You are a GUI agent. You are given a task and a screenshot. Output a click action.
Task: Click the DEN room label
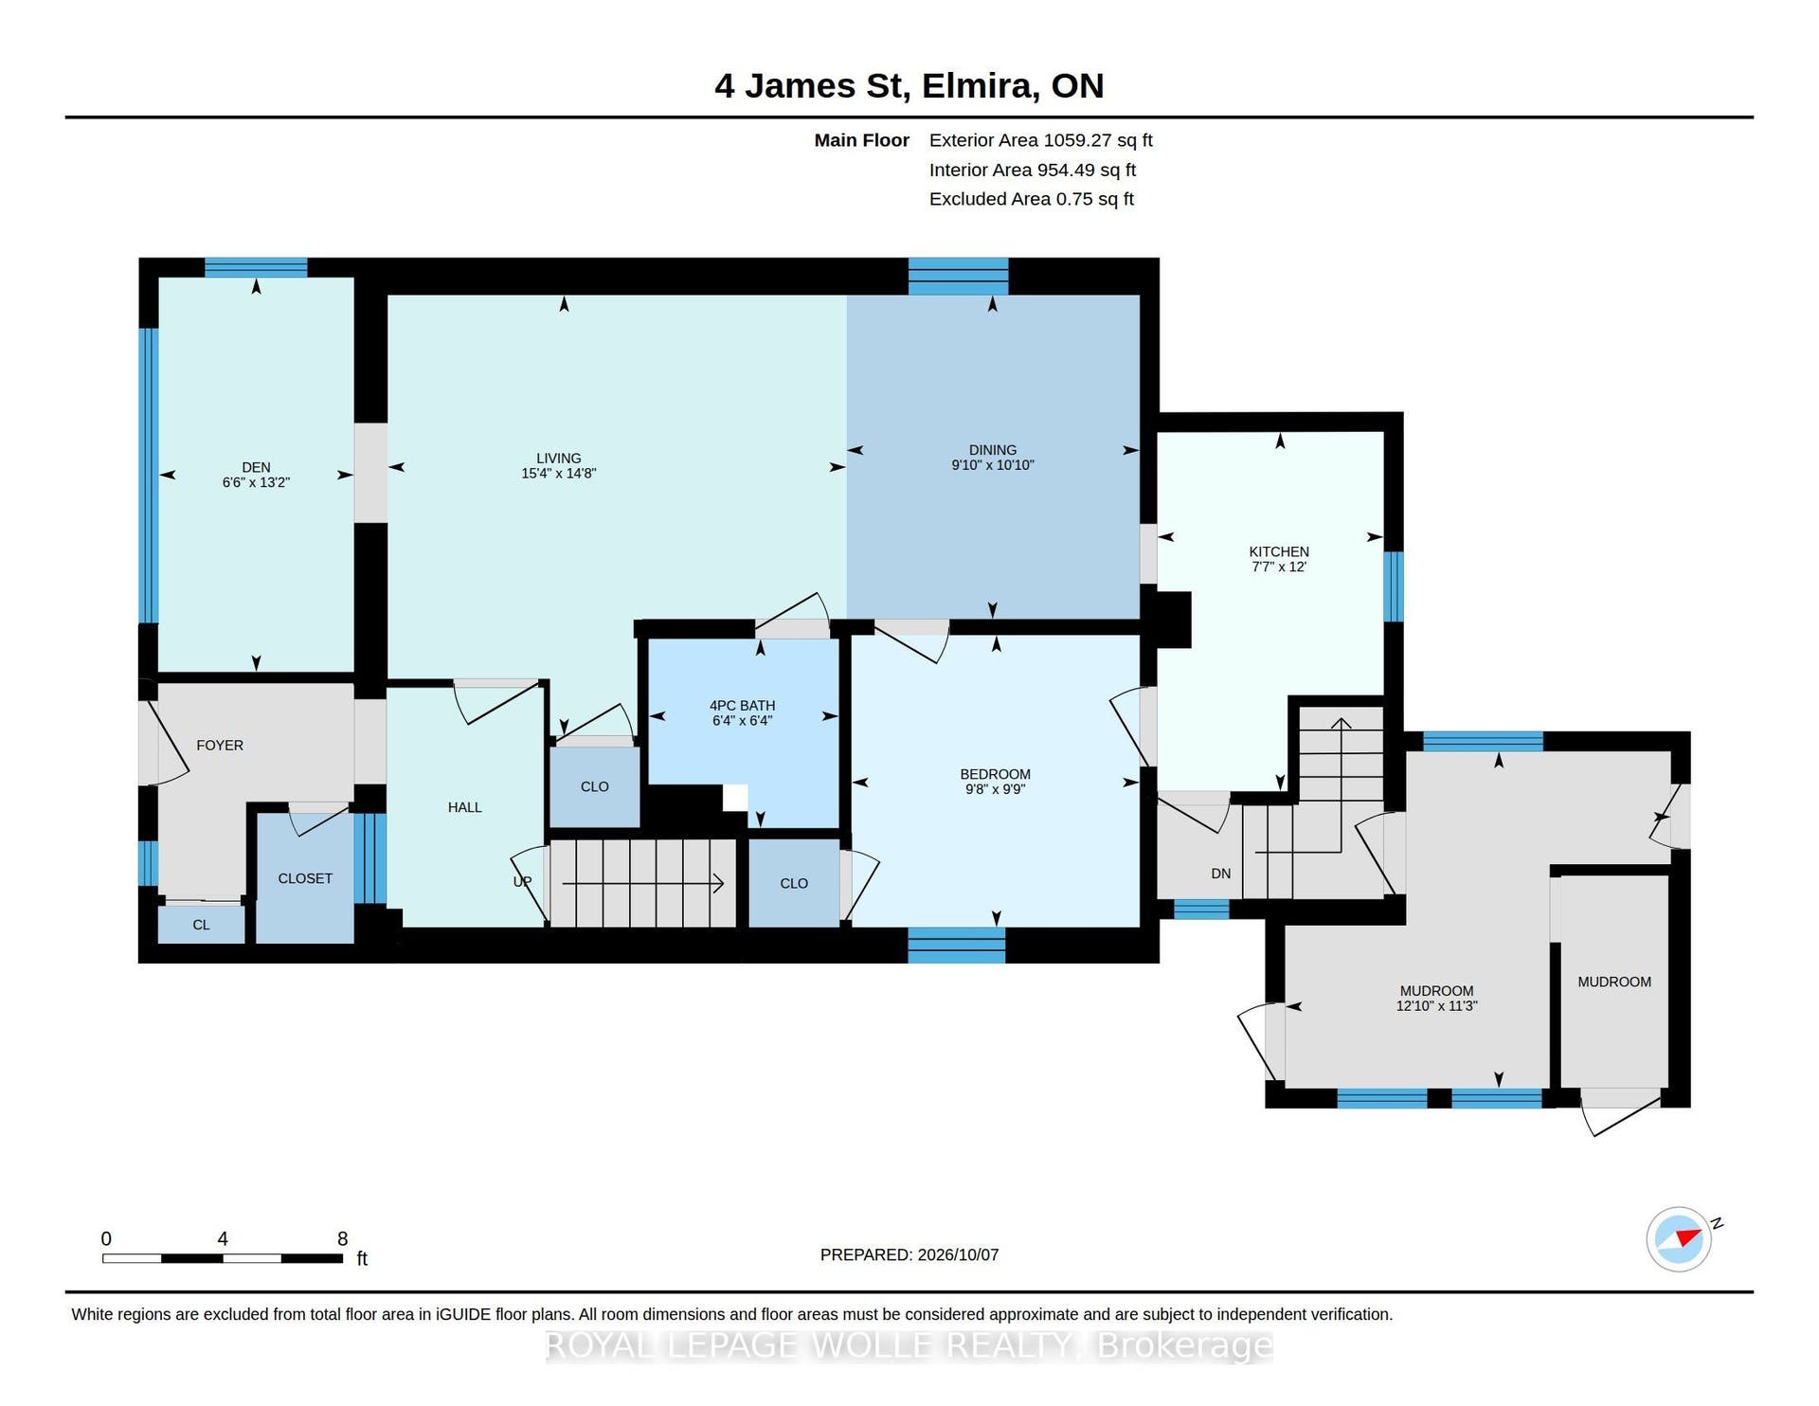[x=256, y=467]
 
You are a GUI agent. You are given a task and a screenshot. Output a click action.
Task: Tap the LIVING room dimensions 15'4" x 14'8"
[x=558, y=474]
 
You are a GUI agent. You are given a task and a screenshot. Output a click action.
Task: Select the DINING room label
[x=993, y=450]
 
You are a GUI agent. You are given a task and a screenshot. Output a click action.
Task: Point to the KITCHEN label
[x=1279, y=551]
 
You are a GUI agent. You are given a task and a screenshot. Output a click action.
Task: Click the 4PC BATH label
[x=743, y=705]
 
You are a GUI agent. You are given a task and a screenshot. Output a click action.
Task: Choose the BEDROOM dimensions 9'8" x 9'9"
[x=995, y=789]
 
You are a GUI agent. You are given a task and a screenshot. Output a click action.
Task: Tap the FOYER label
[x=220, y=746]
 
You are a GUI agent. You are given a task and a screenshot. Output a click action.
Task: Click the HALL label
[x=465, y=807]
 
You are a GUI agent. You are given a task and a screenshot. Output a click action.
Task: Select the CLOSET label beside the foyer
[x=305, y=878]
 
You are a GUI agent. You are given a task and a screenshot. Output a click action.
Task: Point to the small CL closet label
[x=202, y=925]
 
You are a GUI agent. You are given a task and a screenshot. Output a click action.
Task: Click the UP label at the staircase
[x=522, y=881]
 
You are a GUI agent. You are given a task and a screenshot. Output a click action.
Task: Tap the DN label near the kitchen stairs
[x=1221, y=874]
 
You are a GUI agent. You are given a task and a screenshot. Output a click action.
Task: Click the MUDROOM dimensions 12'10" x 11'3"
[x=1436, y=1006]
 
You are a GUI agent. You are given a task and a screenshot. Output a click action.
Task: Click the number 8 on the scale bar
[x=343, y=1239]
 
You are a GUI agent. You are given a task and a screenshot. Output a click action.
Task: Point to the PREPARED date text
[x=909, y=1254]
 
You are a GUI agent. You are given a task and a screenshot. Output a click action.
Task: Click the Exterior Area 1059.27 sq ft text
[x=1040, y=140]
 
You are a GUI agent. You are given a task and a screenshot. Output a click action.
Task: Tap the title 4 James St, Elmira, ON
[x=909, y=85]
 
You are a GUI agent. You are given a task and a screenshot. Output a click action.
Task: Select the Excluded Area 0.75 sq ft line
[x=1031, y=199]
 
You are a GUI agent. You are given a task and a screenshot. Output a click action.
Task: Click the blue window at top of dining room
[x=959, y=277]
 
